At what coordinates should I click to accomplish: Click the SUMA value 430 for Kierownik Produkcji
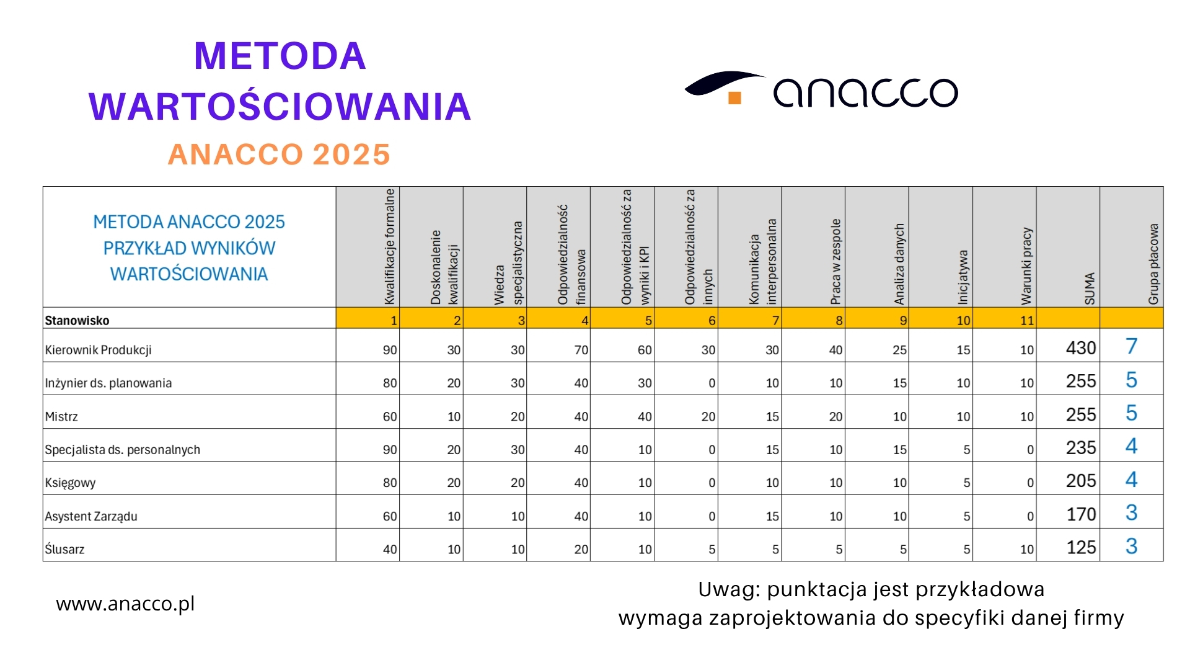point(1080,348)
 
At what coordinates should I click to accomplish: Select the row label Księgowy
point(70,483)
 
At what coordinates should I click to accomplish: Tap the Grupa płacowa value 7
point(1131,346)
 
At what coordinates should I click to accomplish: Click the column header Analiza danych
point(899,264)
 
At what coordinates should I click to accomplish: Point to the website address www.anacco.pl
point(125,604)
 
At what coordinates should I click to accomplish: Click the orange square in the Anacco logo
point(734,98)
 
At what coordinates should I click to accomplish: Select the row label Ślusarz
point(64,549)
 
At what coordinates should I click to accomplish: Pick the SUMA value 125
point(1080,547)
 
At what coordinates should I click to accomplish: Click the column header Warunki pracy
point(1026,266)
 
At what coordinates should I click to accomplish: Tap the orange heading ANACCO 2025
point(279,154)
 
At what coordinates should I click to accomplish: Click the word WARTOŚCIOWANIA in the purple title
point(280,106)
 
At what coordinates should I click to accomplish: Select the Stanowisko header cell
point(77,321)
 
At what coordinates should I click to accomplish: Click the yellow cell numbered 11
point(1026,321)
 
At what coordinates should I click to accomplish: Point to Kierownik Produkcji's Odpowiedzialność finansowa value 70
point(581,350)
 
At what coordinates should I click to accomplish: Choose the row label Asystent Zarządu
point(91,516)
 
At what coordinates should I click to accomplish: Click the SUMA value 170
point(1080,514)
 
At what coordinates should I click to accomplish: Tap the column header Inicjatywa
point(963,277)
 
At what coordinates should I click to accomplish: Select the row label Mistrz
point(61,417)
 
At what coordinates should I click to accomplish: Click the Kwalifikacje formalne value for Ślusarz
point(389,549)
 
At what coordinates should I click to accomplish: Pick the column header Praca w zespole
point(835,262)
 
